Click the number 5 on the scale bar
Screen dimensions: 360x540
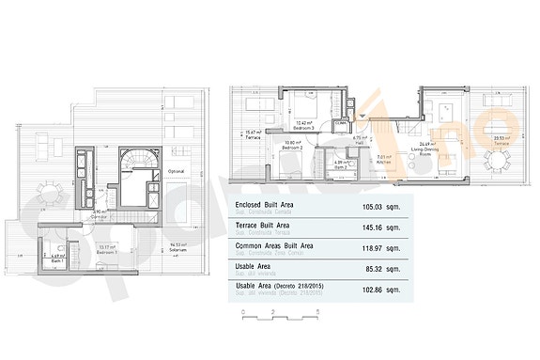318,311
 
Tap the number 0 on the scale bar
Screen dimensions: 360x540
242,311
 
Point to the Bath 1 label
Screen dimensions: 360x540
55,257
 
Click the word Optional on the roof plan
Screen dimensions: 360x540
177,172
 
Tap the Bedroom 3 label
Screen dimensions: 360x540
304,125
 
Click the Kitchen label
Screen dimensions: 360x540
384,162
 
